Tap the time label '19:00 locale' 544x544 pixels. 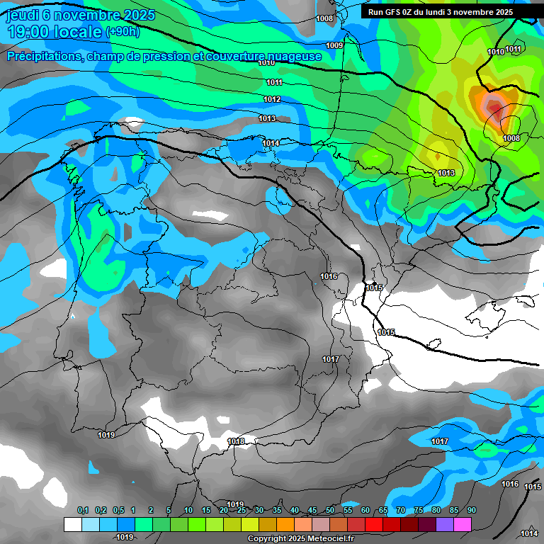pyautogui.click(x=54, y=32)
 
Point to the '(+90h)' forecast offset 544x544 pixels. pyautogui.click(x=123, y=32)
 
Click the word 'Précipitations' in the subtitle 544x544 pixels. pyautogui.click(x=44, y=56)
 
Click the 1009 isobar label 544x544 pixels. pyautogui.click(x=334, y=45)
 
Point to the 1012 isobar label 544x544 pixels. pyautogui.click(x=272, y=99)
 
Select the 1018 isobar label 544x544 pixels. pyautogui.click(x=236, y=441)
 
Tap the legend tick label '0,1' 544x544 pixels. pyautogui.click(x=83, y=510)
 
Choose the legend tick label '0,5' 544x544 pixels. pyautogui.click(x=118, y=510)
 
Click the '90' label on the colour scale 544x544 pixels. pyautogui.click(x=471, y=510)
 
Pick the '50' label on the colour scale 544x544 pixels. pyautogui.click(x=330, y=510)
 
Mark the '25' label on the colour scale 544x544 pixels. pyautogui.click(x=242, y=510)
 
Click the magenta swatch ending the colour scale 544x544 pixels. pyautogui.click(x=463, y=524)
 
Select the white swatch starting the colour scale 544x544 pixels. pyautogui.click(x=72, y=524)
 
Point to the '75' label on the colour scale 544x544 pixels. pyautogui.click(x=419, y=510)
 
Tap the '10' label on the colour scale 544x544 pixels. pyautogui.click(x=188, y=510)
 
